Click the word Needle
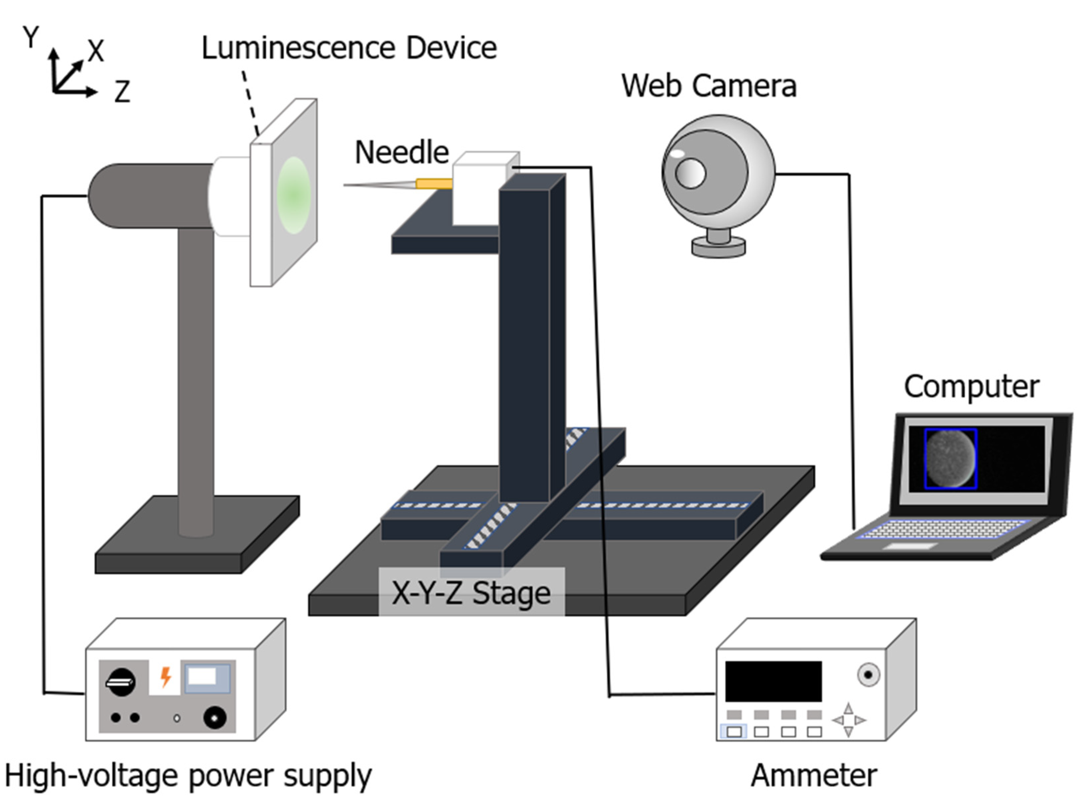[402, 153]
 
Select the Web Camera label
[708, 86]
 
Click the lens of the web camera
[690, 173]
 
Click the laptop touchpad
[910, 546]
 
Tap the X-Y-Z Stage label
[471, 593]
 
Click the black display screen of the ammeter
[773, 681]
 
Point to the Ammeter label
[814, 776]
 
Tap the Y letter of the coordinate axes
[31, 37]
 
